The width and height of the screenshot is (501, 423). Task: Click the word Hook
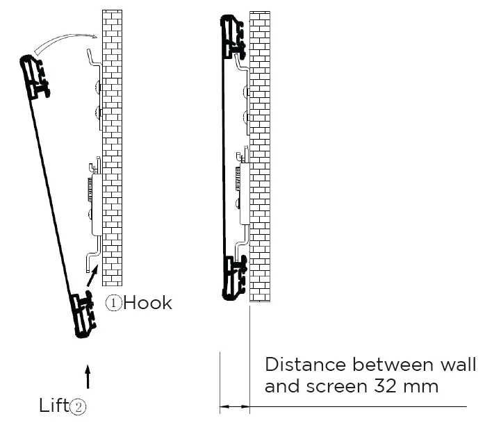147,303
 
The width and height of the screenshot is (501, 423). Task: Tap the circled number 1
113,303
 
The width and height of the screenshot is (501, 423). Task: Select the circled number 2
79,407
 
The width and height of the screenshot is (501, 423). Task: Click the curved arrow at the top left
66,42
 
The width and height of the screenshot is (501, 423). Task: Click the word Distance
305,365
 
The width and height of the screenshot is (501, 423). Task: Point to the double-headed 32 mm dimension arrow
235,406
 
